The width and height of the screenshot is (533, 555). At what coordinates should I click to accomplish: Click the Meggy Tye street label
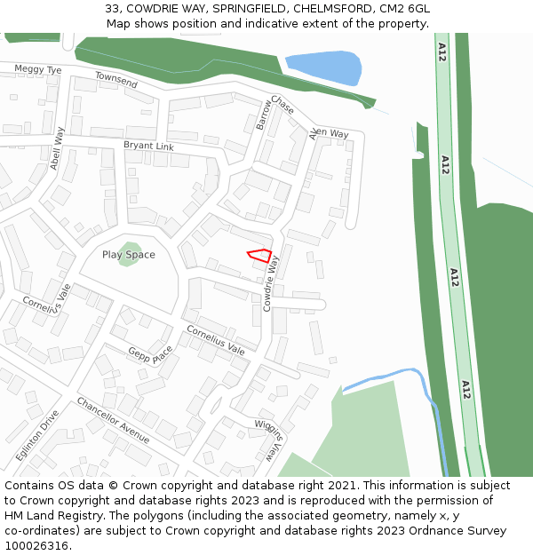coord(38,69)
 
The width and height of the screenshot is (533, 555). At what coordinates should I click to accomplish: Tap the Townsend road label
coord(116,80)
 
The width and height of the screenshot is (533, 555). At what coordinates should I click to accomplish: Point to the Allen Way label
coord(329,133)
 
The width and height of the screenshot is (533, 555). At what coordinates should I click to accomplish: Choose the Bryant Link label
coord(148,146)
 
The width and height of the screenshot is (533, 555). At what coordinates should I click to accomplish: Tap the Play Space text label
coord(128,255)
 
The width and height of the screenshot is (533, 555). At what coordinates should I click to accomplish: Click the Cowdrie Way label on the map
coord(270,283)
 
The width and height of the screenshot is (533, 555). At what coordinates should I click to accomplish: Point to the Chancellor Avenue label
coord(113,420)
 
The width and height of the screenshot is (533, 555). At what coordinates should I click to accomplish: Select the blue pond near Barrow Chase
coord(322,68)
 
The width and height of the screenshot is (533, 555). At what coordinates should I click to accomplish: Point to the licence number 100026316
coord(36,545)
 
